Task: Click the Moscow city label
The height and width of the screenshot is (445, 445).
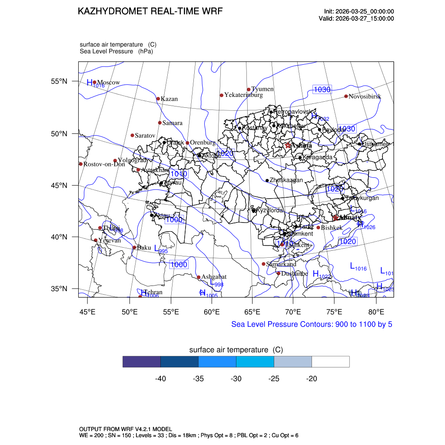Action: [108, 83]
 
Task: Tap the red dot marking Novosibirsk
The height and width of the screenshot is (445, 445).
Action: [346, 96]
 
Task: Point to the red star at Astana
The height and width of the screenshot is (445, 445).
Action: [288, 146]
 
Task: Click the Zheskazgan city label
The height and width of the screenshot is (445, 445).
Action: [286, 180]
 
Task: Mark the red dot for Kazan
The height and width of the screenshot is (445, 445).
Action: [158, 99]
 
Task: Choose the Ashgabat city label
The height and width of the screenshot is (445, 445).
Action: [214, 277]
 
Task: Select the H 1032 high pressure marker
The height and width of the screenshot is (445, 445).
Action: [319, 117]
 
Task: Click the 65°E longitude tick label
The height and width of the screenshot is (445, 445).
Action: [252, 312]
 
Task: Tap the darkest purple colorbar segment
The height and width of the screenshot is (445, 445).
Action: [142, 362]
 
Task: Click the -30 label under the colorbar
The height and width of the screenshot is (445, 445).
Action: [236, 379]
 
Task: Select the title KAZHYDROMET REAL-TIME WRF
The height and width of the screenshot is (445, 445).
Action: [150, 11]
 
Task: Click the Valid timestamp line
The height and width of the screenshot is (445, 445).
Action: [356, 19]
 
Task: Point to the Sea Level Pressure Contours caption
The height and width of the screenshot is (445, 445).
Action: [312, 324]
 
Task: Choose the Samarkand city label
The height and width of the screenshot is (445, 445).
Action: [281, 264]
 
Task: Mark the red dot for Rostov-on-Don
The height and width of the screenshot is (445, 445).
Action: [81, 164]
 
